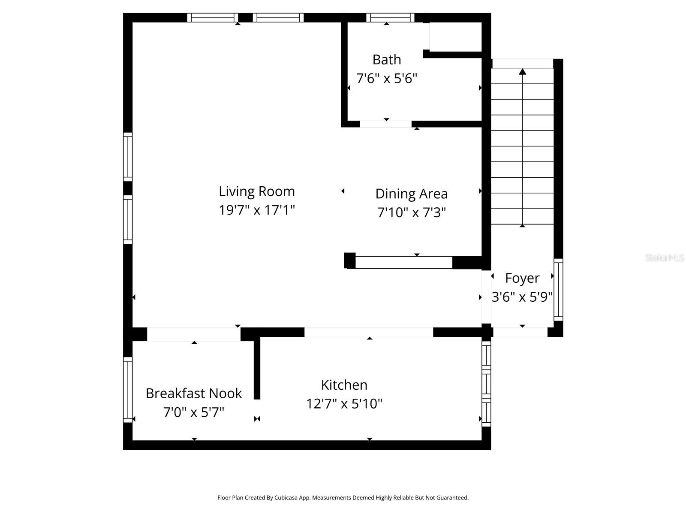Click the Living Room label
256,191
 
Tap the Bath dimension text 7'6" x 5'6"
386,79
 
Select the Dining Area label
411,194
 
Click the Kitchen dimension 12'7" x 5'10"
344,404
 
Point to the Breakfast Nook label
193,393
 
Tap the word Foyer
522,278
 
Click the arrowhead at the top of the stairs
522,72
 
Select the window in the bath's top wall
390,18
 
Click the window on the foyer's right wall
558,290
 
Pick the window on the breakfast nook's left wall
128,390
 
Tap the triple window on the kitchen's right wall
486,383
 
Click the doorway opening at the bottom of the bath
385,124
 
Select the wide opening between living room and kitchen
369,332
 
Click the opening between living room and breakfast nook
194,334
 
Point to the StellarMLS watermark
665,258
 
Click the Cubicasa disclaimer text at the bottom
343,498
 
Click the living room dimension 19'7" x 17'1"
256,210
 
